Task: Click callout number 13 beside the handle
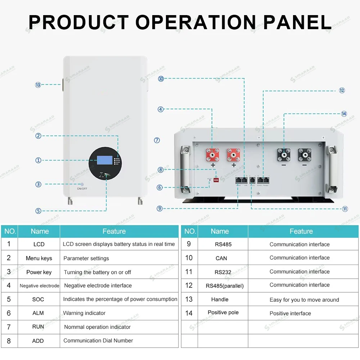38,85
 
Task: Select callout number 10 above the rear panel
161,78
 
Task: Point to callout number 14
344,114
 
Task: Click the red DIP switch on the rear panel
217,179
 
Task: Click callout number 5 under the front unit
39,211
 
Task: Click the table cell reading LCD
39,244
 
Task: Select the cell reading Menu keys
39,258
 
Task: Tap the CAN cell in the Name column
221,258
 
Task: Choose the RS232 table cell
223,272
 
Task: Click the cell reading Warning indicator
85,313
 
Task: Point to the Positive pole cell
223,312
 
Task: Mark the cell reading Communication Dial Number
98,341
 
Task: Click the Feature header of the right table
301,231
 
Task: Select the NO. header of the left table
10,231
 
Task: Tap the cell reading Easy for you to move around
304,300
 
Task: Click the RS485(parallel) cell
225,286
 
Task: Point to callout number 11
345,209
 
